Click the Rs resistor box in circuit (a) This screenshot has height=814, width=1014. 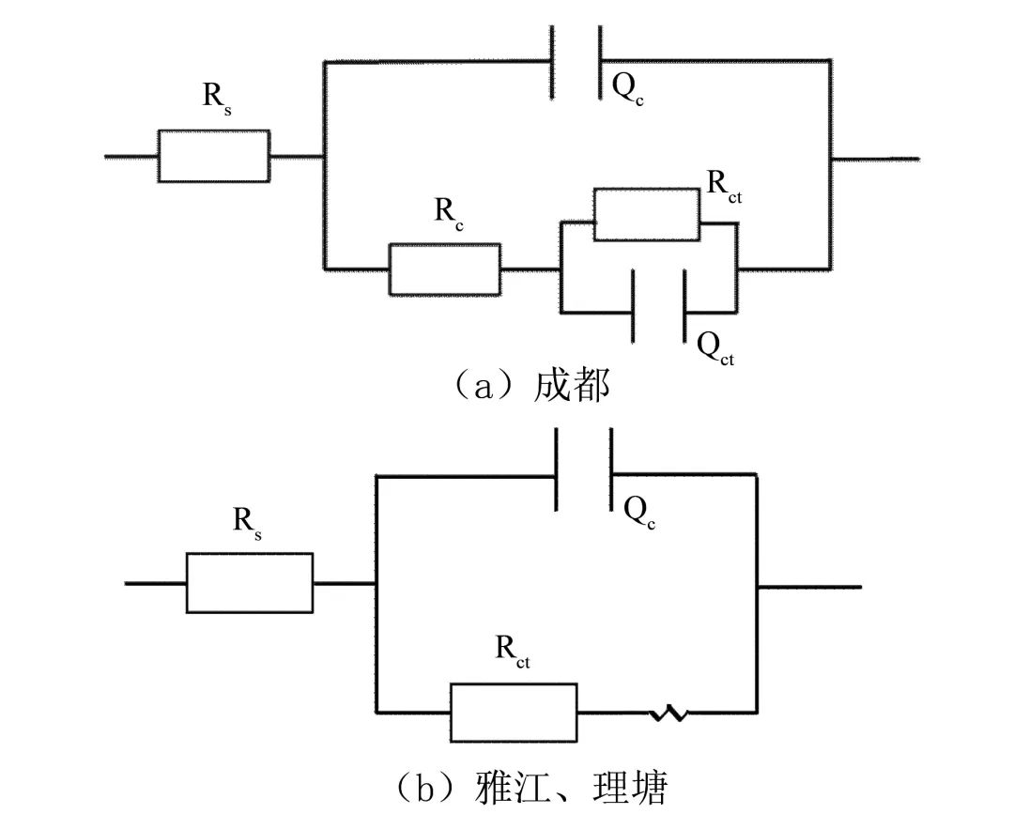coord(213,156)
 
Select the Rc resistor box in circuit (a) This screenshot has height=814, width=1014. coord(444,269)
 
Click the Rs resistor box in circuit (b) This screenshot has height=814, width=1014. coord(250,583)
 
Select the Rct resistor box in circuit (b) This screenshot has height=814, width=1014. coord(514,714)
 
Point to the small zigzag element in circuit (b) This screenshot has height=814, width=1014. coord(668,714)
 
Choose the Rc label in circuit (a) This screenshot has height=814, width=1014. coord(450,212)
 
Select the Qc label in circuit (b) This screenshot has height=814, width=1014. coord(638,512)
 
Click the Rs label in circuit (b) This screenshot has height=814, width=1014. coord(248,526)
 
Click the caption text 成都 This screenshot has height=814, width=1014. coord(572,386)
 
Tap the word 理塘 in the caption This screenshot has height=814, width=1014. coord(635,788)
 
